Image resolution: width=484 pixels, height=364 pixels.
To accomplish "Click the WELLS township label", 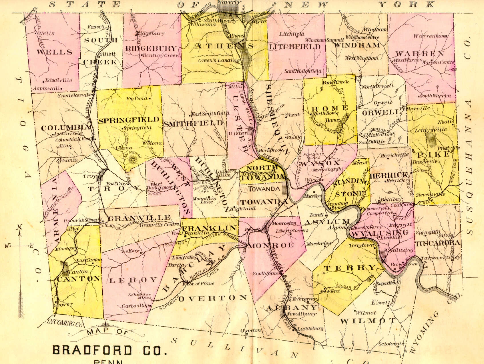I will click(x=54, y=52).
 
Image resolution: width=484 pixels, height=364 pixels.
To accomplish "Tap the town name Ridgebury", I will click(x=150, y=33).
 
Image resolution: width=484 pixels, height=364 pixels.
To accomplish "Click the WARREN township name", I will click(x=420, y=54).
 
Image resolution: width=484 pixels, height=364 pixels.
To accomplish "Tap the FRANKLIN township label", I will click(x=209, y=228).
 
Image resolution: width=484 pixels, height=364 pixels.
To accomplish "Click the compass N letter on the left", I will click(x=19, y=227).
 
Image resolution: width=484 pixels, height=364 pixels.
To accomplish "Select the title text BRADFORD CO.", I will click(x=109, y=350).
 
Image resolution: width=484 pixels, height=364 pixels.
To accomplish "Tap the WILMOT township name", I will click(x=368, y=321).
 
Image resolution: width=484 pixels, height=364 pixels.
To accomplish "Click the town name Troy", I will click(x=89, y=176).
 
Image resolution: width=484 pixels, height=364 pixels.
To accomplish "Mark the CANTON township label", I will click(x=79, y=279).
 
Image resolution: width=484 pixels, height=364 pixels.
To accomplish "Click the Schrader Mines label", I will click(x=139, y=296).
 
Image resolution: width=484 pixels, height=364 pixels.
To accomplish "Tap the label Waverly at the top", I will click(x=229, y=2).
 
